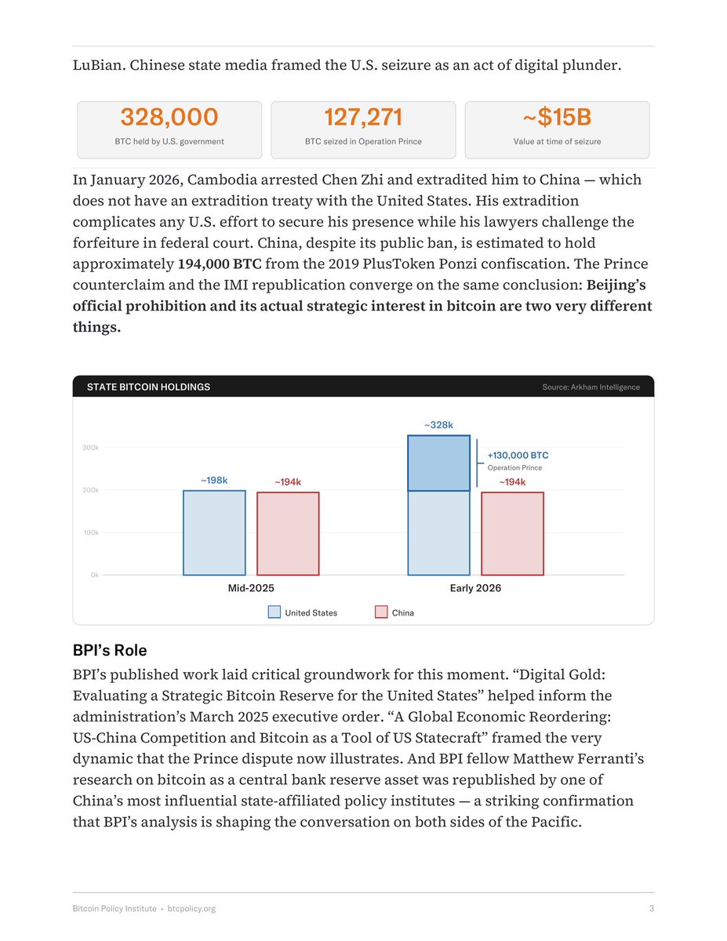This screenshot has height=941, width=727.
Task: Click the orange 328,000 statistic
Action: click(169, 118)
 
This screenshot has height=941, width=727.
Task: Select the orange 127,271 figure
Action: click(363, 118)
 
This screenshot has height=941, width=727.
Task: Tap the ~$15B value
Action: click(557, 118)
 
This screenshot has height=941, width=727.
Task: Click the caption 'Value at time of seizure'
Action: click(557, 142)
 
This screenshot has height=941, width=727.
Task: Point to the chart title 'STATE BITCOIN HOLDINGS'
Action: click(148, 387)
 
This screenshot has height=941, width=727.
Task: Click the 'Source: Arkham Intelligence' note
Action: click(591, 387)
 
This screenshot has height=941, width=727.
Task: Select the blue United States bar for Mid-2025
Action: click(214, 533)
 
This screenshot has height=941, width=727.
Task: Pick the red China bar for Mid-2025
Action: click(288, 534)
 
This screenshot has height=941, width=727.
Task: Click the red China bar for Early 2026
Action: click(512, 534)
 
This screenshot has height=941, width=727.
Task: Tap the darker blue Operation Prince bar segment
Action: click(438, 463)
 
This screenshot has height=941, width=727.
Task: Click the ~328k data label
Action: click(438, 425)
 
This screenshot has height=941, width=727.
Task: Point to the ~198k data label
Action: click(214, 480)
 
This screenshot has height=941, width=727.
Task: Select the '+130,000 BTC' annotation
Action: click(518, 455)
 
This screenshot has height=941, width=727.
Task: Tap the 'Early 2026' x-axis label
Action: click(475, 588)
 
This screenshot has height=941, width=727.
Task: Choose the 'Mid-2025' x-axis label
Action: click(251, 588)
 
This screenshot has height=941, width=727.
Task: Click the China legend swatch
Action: click(382, 612)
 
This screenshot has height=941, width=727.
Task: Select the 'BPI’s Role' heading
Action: click(110, 651)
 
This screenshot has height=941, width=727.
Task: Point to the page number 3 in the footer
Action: click(651, 909)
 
